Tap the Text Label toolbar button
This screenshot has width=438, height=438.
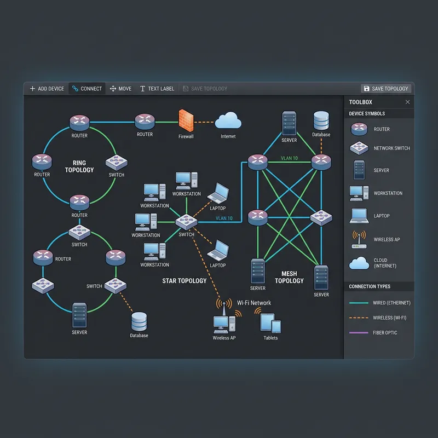point(157,89)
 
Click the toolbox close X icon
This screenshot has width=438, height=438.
point(407,102)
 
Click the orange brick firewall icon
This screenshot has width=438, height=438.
point(186,120)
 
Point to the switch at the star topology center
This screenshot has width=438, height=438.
point(186,222)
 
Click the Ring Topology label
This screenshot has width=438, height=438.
point(79,166)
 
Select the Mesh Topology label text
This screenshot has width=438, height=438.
point(289,277)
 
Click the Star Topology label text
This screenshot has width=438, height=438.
point(185,281)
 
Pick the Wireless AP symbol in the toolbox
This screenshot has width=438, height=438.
point(359,239)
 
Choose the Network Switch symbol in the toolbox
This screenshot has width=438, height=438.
point(359,148)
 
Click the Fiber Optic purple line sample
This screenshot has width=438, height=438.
point(359,333)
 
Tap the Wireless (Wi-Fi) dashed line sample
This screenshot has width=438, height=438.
point(359,318)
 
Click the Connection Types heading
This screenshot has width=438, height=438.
point(370,286)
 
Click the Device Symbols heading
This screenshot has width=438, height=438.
point(367,114)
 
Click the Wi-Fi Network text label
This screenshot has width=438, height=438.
point(254,303)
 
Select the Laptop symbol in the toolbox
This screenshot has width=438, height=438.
point(359,215)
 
